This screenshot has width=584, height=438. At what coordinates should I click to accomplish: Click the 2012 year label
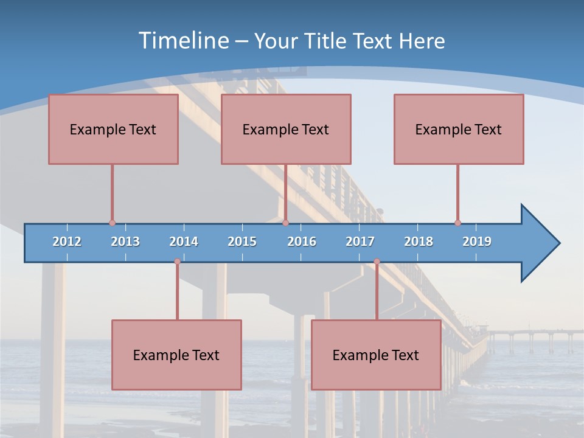coord(67,242)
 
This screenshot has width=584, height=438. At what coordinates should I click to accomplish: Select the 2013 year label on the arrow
coord(125,242)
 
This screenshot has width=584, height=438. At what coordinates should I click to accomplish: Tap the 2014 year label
coord(184,242)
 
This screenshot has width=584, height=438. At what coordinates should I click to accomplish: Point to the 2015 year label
coord(242,242)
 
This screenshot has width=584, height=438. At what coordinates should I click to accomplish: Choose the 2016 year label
coord(302,242)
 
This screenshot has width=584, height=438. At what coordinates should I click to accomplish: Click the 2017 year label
coord(360,242)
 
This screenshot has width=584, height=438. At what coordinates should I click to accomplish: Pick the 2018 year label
coord(419,242)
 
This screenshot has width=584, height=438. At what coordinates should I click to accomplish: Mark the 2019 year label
coord(477,242)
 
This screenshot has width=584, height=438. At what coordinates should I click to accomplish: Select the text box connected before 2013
coord(113,129)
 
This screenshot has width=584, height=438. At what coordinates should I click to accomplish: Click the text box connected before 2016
coord(286,129)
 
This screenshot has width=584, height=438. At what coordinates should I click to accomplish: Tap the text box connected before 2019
coord(459,129)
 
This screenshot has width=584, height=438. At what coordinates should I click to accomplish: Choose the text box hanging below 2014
coord(176,355)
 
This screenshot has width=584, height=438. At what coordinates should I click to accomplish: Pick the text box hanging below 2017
coord(376,355)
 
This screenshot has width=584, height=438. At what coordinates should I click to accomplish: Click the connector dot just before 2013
coord(112,223)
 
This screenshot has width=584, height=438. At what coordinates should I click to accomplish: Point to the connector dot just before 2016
coord(285,223)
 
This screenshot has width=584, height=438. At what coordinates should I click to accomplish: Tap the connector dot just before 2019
coord(457,223)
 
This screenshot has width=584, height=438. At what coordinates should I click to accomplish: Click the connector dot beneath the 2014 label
coord(177,262)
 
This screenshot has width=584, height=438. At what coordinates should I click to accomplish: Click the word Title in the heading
coord(328,41)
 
